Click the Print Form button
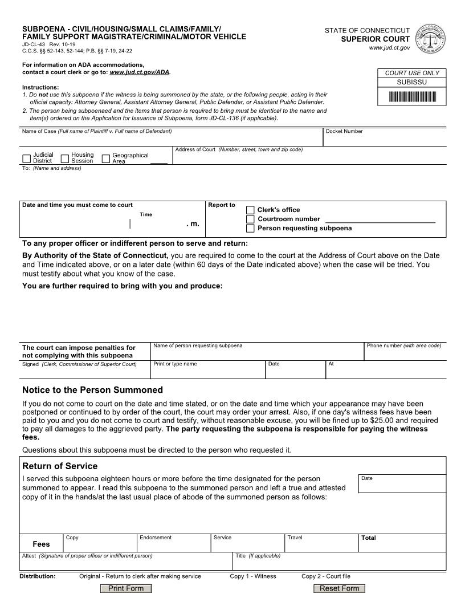coord(126,588)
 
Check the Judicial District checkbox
coord(27,158)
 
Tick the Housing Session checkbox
coord(65,158)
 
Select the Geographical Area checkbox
coord(105,158)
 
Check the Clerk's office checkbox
coord(250,210)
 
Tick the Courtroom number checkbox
coord(250,219)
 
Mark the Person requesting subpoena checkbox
coord(250,228)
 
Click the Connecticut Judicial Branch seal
coord(430,39)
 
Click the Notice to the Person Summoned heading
coord(92,390)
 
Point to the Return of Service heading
coord(60,466)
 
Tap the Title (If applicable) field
coord(339,564)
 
